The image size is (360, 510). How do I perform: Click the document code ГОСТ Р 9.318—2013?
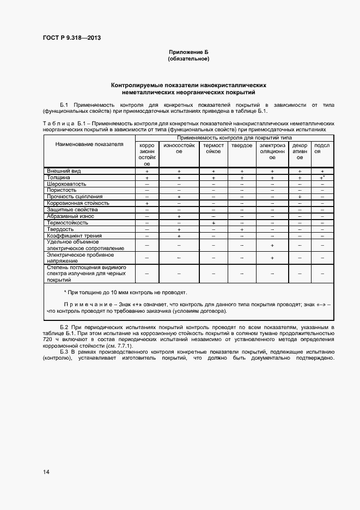(x=72, y=38)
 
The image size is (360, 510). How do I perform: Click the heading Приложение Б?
(x=188, y=52)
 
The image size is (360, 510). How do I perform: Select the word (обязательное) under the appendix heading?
(x=188, y=58)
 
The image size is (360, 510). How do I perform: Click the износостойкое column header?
(x=179, y=148)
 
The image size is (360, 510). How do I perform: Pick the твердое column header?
(x=241, y=145)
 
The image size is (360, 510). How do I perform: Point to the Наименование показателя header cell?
(x=89, y=144)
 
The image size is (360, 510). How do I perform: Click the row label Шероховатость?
(x=68, y=184)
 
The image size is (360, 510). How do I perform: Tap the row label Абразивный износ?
(x=71, y=216)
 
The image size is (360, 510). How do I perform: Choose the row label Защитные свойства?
(x=72, y=210)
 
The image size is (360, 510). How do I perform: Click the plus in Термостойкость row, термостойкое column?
(x=213, y=223)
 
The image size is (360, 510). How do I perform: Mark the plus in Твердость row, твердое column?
(x=241, y=229)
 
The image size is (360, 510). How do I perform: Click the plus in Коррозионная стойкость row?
(x=147, y=203)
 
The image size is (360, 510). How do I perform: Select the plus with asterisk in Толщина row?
(x=322, y=178)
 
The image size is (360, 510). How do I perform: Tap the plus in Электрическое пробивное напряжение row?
(x=272, y=258)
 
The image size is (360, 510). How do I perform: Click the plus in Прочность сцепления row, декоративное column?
(x=300, y=197)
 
